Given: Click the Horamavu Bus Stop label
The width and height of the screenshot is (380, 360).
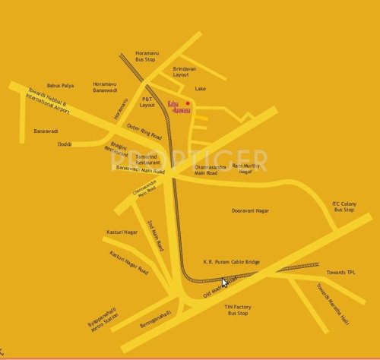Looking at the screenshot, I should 145,55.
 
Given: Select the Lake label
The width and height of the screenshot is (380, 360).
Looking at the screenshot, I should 200,89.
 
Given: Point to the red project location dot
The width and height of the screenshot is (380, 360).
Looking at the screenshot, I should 187,103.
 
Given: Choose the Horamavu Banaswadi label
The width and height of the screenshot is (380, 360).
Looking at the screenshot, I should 105,87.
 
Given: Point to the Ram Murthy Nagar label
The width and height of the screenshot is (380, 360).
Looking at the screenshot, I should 246,168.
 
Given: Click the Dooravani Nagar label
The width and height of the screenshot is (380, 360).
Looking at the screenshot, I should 250,210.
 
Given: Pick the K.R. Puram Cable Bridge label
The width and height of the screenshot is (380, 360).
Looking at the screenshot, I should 231,262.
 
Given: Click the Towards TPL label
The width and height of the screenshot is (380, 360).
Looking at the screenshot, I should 340,272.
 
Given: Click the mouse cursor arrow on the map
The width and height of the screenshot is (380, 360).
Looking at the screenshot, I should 224,282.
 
